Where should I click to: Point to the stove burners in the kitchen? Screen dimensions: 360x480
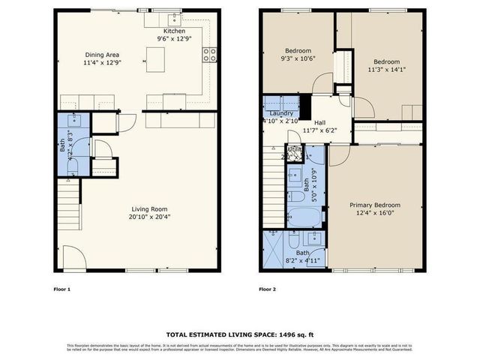tap(211, 53)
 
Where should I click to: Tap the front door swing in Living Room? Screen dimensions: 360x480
tap(72, 259)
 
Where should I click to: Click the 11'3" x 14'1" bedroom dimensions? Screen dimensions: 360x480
tap(386, 70)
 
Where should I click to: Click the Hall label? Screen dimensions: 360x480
tap(319, 123)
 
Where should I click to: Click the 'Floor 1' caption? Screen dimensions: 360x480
tap(62, 289)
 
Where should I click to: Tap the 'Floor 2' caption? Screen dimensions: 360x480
tap(268, 289)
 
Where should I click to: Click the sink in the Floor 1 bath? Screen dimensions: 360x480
tap(74, 119)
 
